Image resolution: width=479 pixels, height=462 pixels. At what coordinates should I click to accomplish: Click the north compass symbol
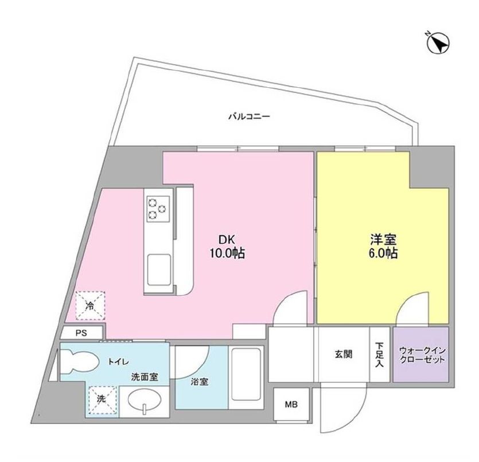click(437, 43)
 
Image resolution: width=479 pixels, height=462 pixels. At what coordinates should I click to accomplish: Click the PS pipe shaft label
click(82, 332)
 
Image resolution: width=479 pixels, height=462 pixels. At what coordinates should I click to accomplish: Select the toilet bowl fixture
click(79, 361)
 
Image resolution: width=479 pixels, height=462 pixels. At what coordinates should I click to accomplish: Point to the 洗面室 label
click(140, 378)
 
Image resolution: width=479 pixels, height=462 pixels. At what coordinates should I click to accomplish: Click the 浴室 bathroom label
click(199, 381)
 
